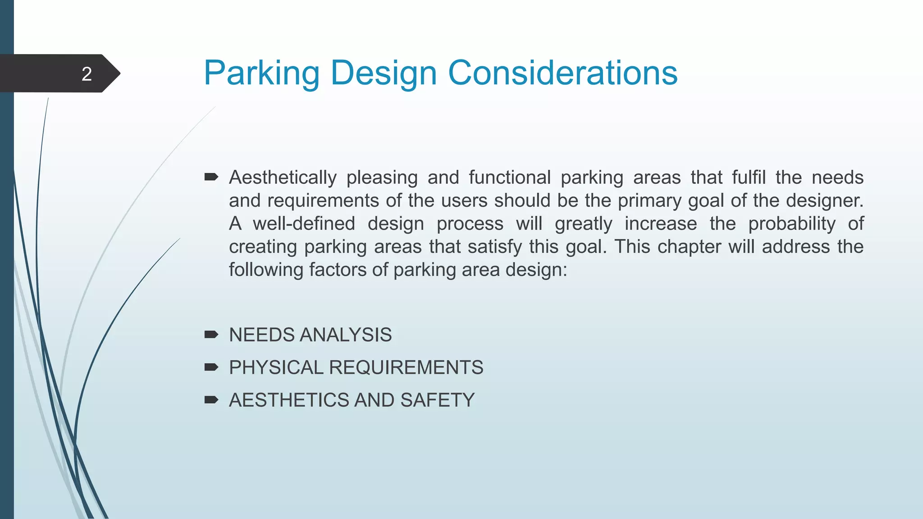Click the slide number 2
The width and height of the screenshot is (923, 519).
[87, 74]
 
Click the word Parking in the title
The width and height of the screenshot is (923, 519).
[261, 73]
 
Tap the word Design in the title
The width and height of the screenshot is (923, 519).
[384, 73]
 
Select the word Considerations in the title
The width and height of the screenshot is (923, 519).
[562, 73]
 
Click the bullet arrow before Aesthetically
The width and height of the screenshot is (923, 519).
[211, 177]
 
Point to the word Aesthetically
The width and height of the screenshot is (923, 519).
[283, 178]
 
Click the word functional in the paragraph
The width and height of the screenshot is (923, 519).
[510, 178]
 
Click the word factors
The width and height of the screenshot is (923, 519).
[337, 269]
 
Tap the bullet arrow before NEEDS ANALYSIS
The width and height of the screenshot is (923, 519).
[211, 334]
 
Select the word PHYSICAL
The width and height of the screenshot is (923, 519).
[276, 367]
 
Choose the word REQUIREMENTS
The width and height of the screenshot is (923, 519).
[406, 367]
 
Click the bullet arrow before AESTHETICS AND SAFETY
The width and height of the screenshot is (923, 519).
[211, 400]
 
